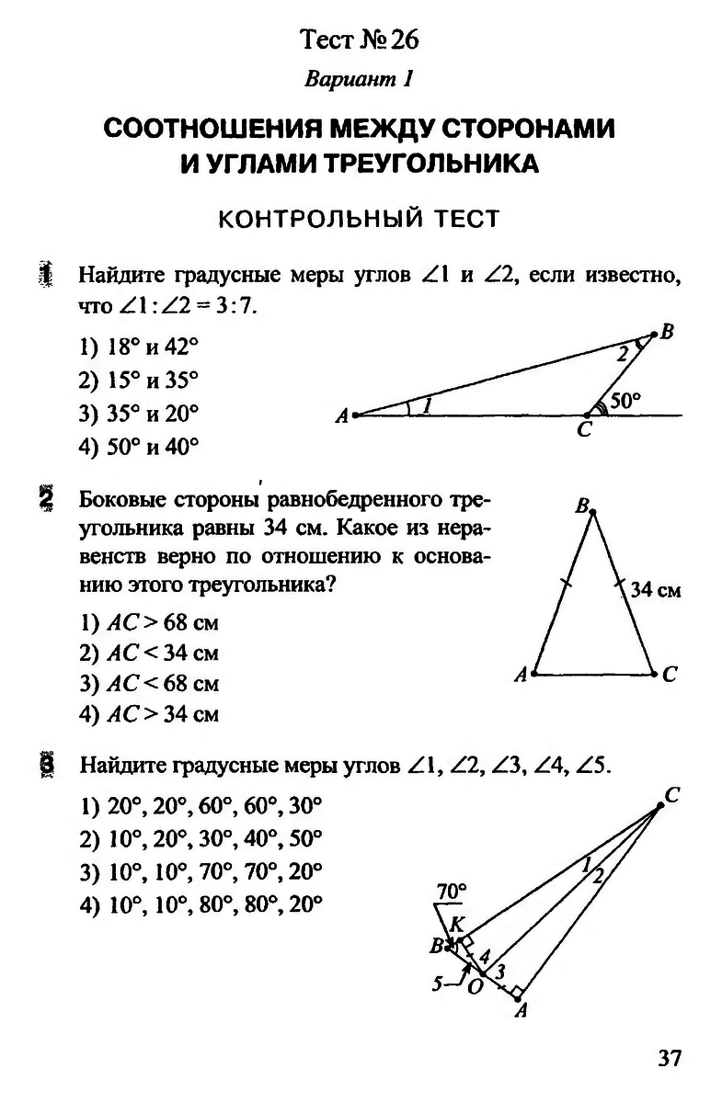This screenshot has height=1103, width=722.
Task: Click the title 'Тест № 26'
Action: click(x=360, y=40)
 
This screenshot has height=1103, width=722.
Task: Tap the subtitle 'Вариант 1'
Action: click(x=360, y=79)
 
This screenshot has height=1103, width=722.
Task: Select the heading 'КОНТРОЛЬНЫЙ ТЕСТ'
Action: click(x=360, y=219)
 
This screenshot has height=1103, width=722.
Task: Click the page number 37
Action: click(x=669, y=1058)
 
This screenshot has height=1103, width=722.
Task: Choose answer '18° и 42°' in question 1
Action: click(x=139, y=347)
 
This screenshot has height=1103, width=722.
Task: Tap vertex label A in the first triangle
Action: click(x=341, y=416)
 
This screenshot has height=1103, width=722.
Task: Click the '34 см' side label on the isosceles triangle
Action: click(x=656, y=590)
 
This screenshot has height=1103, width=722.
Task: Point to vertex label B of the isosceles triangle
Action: click(x=581, y=506)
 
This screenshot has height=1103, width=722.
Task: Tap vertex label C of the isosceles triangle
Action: click(x=670, y=676)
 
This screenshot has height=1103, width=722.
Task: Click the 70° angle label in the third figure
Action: click(x=452, y=891)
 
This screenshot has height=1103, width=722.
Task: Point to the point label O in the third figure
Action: click(x=475, y=987)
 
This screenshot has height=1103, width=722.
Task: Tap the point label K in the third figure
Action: click(x=458, y=923)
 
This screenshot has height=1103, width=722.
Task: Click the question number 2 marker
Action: click(x=45, y=502)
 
